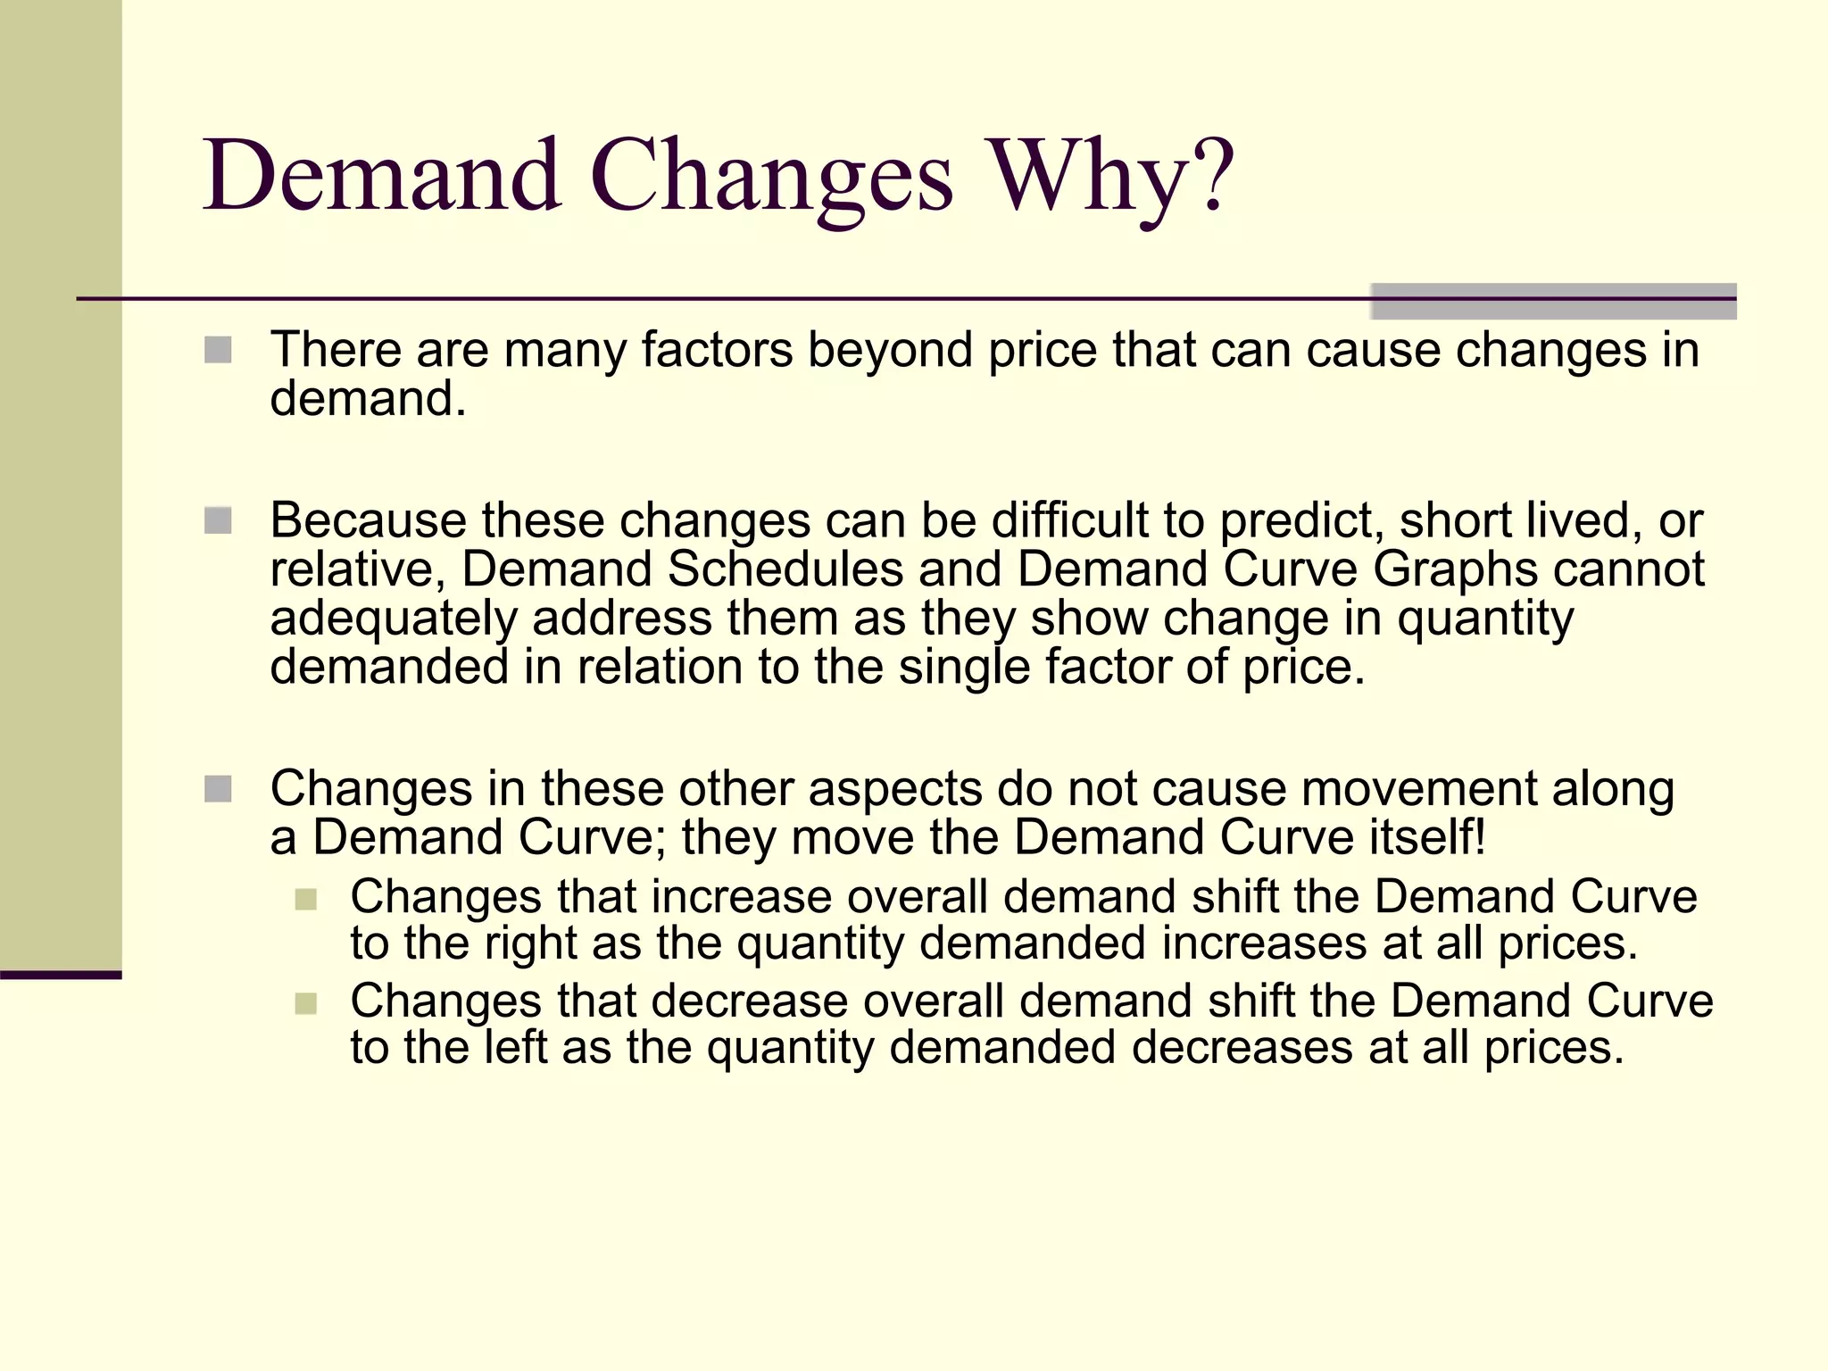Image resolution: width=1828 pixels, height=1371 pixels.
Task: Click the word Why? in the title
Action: [1110, 176]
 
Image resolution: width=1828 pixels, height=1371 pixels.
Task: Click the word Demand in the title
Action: [382, 176]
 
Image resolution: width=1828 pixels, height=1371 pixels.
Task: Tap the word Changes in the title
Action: [771, 176]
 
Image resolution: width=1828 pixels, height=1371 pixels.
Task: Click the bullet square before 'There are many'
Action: [218, 350]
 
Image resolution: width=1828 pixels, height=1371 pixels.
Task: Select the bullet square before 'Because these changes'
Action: [218, 520]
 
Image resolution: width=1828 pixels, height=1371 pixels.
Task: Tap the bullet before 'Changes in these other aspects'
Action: [218, 789]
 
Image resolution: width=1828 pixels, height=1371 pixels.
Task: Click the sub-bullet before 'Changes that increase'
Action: [305, 899]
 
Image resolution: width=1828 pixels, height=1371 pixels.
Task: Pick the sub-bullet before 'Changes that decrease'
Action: [305, 1003]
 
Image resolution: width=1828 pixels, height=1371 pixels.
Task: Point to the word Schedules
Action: [785, 569]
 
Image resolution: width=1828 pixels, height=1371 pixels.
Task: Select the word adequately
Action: [394, 619]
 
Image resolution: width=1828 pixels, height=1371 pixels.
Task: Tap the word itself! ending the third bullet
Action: [1427, 837]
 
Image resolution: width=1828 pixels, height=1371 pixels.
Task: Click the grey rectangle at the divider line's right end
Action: [1553, 302]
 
